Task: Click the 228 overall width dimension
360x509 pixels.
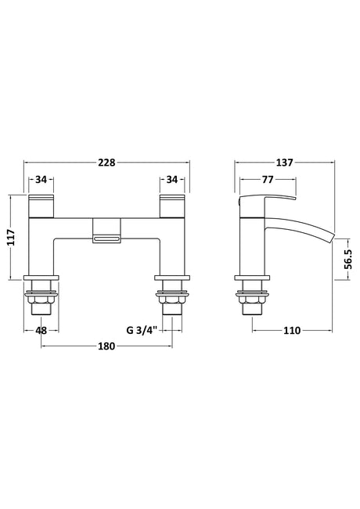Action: (107, 163)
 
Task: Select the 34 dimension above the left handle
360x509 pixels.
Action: (41, 179)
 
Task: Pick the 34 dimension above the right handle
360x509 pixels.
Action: (172, 179)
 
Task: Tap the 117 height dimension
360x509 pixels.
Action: (11, 237)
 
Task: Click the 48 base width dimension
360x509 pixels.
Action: (41, 331)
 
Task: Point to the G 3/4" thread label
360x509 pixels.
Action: (142, 331)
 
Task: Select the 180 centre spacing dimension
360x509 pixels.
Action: (106, 346)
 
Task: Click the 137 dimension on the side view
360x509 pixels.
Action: (285, 163)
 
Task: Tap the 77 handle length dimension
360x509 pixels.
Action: (268, 179)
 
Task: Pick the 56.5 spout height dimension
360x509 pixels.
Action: (348, 259)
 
